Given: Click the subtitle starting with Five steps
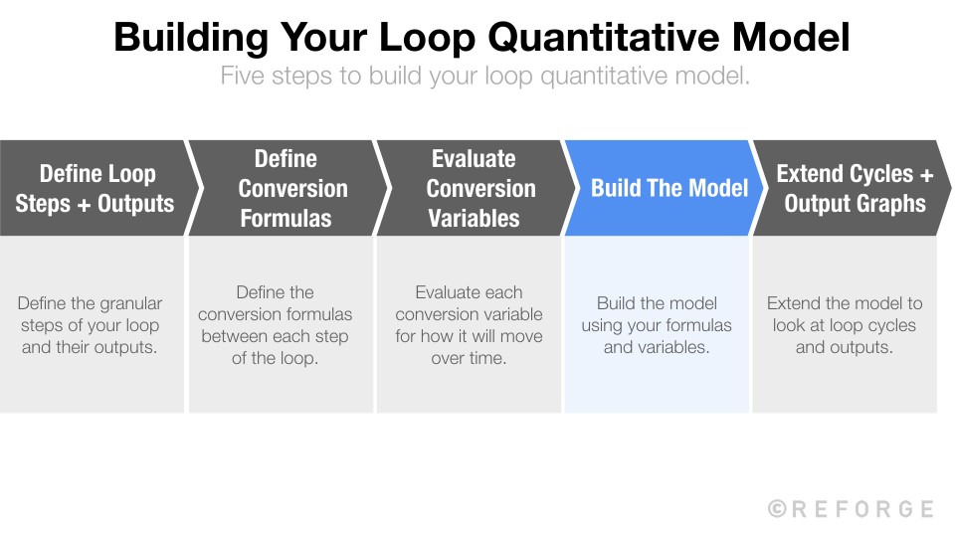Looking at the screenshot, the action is (x=484, y=76).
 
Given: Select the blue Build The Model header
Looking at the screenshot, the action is (x=668, y=188).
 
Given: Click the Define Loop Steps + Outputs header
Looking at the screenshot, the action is (x=95, y=188).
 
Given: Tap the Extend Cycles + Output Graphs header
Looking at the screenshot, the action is (x=854, y=188).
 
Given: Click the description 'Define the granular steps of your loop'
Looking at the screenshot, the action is (x=91, y=325).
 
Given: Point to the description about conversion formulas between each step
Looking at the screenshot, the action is (x=276, y=325).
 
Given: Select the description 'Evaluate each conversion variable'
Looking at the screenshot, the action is (x=469, y=325).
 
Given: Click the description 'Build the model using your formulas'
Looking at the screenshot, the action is (x=657, y=325).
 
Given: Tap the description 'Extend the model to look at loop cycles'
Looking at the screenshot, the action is (x=845, y=325).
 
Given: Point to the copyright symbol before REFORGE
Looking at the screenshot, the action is (x=778, y=509).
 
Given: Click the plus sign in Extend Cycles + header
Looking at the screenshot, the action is (x=925, y=174).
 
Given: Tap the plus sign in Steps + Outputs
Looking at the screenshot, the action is (x=83, y=204).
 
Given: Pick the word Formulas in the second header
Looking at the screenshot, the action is (x=286, y=218).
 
